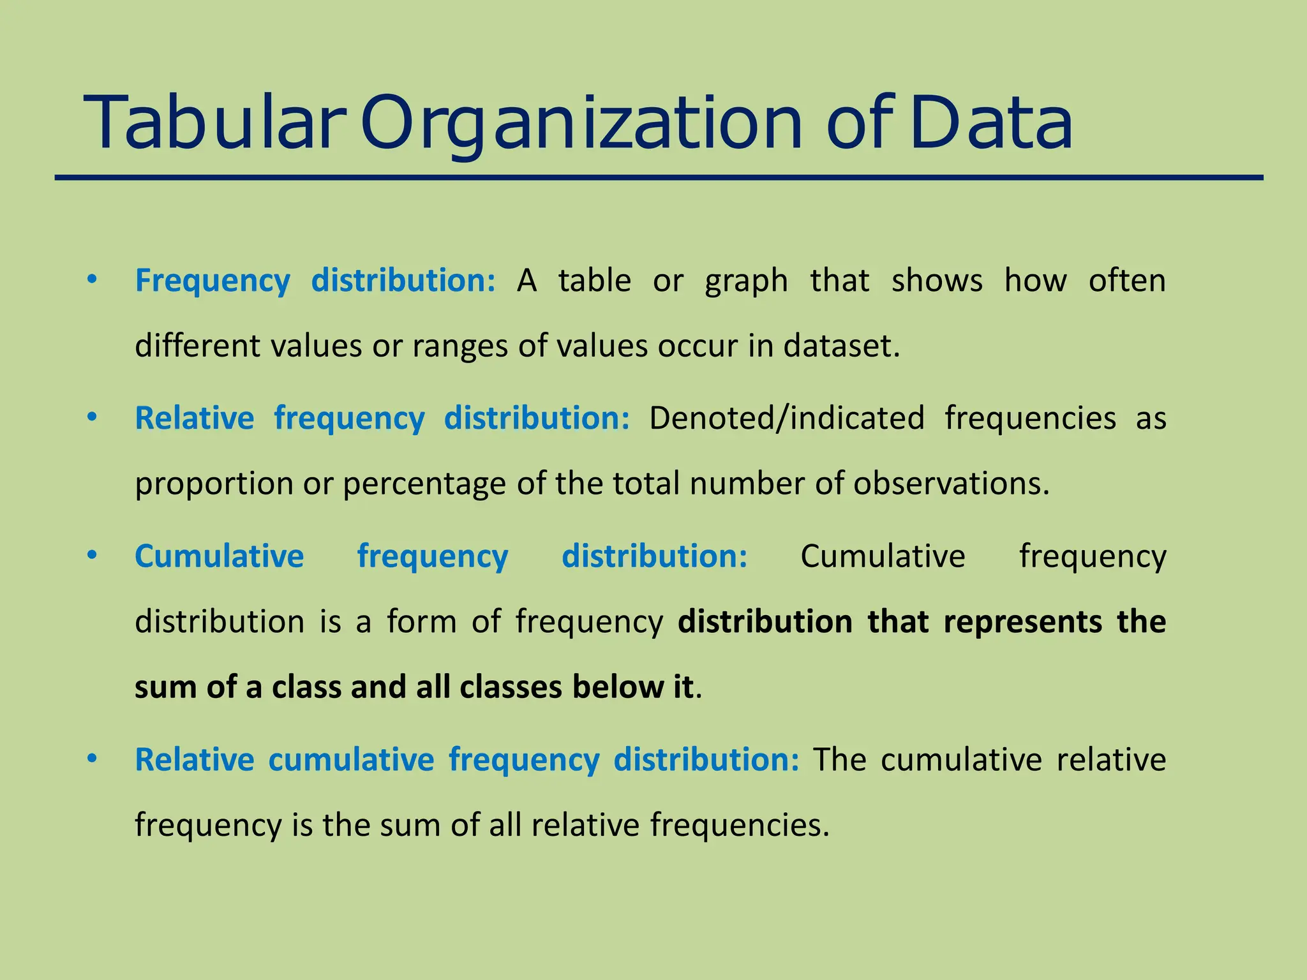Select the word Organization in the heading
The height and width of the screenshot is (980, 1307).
[581, 122]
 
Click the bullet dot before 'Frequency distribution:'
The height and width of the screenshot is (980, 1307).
[93, 279]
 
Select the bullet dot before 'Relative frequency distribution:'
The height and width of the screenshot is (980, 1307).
[93, 417]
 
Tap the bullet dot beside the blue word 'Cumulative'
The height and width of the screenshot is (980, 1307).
[93, 555]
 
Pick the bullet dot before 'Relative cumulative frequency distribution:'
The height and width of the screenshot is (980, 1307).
[93, 759]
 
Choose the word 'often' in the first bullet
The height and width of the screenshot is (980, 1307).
[1127, 281]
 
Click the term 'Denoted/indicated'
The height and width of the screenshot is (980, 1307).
[786, 419]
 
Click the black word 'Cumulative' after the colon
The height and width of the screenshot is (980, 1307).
[883, 556]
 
